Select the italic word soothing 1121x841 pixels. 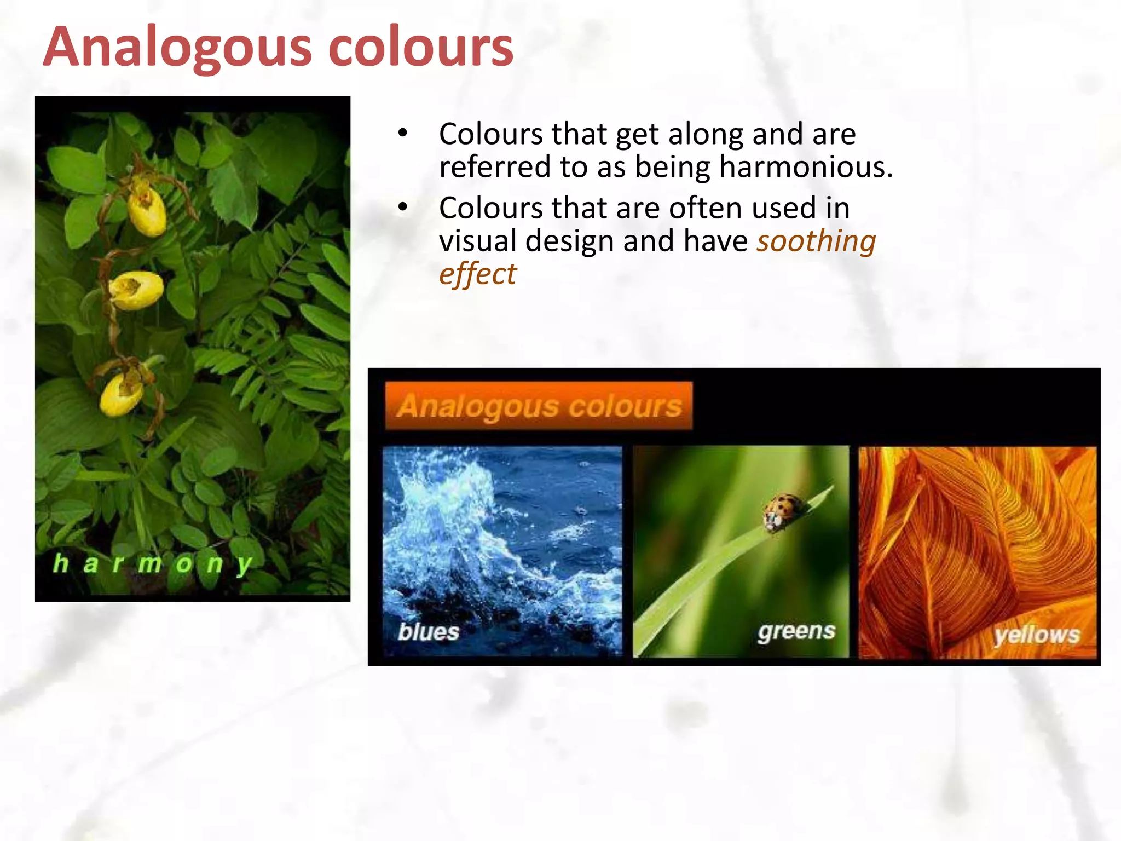816,241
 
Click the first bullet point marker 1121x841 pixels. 403,133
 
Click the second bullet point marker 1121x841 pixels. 403,208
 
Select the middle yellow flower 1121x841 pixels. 137,290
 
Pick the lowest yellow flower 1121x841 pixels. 121,393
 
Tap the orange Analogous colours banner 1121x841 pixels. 539,406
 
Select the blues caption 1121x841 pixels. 428,632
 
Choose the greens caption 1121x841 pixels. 796,632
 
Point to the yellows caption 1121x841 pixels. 1037,635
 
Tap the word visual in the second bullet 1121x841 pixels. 477,241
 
